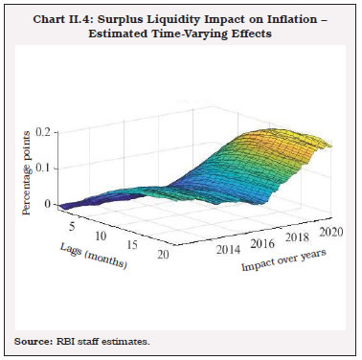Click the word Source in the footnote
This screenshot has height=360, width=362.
click(x=31, y=341)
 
